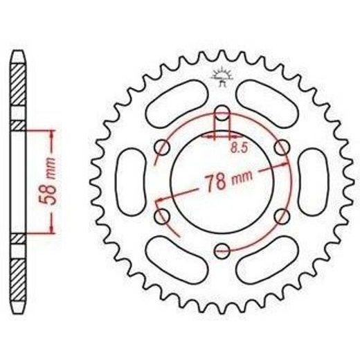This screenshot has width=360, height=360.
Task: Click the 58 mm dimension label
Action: point(48,181)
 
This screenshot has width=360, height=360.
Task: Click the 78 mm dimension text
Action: point(228,180)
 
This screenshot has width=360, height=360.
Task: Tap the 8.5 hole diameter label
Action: point(240,147)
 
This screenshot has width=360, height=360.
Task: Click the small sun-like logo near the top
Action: point(222,76)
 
